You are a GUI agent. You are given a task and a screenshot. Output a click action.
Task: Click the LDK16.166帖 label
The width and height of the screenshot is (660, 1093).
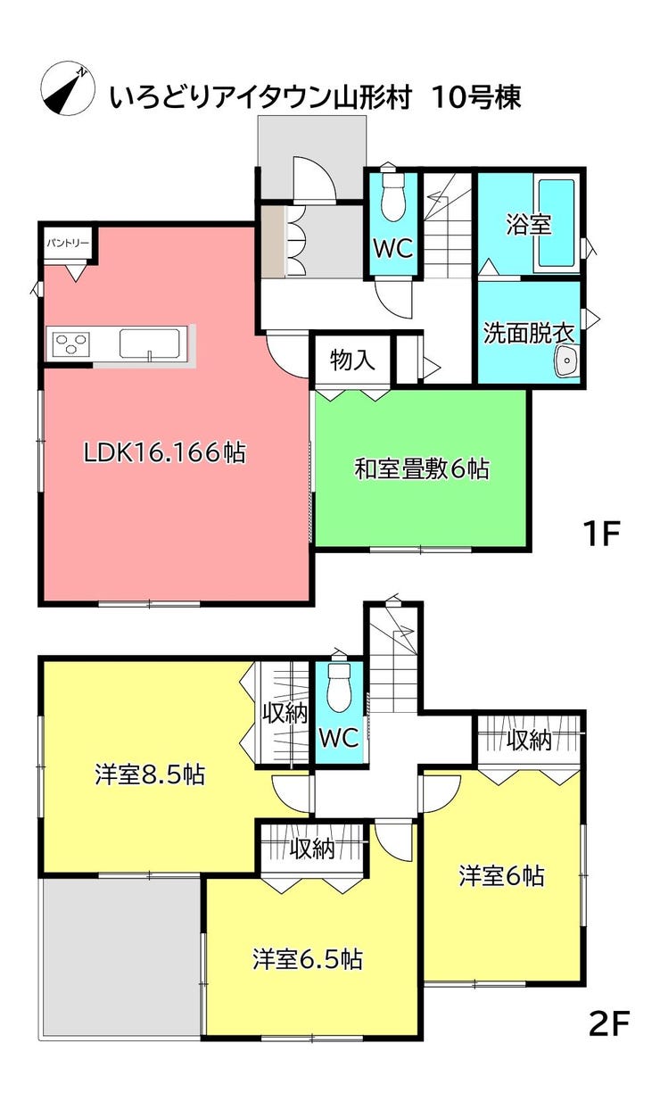pos(165,453)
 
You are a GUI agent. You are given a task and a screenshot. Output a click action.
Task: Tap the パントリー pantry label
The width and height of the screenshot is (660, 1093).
pos(68,242)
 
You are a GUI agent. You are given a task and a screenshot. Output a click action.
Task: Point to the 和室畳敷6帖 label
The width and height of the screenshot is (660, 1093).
pos(422,468)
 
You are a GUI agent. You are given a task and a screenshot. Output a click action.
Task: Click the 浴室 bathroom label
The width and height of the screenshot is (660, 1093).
pos(527,224)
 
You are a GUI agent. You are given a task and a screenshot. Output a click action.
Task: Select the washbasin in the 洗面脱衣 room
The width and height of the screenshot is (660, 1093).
pos(565,360)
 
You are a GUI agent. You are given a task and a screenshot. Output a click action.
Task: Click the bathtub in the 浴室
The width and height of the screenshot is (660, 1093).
pos(557,222)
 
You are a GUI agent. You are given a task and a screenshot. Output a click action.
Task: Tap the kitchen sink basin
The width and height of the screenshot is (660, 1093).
pos(150,343)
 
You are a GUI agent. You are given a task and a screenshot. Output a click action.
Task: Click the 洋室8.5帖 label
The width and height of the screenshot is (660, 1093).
pos(150,775)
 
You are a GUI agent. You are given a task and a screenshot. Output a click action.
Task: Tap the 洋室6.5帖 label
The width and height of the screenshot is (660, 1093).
pos(307,960)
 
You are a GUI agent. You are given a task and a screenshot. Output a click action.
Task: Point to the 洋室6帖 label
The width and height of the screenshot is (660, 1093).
pos(501,876)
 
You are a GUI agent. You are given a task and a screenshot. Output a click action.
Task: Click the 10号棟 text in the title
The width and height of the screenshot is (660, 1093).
pos(477,96)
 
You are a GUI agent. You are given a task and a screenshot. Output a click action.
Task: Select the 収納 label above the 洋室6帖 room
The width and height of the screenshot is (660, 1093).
pos(529,740)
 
